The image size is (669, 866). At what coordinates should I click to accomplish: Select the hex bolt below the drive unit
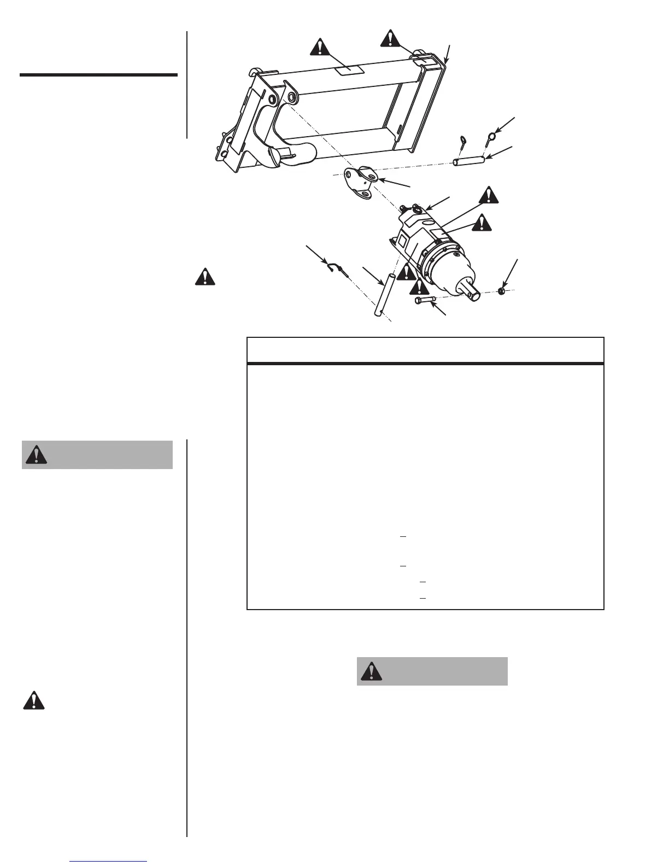coord(426,300)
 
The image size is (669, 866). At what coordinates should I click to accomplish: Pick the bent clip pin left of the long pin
coord(334,267)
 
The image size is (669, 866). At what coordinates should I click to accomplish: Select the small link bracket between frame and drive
coord(360,182)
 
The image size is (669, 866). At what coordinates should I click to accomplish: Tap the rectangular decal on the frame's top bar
coord(348,69)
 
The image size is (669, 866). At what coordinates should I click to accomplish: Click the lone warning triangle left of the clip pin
coord(204,277)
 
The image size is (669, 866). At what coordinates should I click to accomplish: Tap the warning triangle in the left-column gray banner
coord(36,455)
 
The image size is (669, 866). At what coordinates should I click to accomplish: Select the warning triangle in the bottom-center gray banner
coord(372,671)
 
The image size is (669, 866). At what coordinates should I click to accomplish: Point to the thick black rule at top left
coord(98,75)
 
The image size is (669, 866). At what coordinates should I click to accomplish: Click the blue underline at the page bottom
coord(108,862)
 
